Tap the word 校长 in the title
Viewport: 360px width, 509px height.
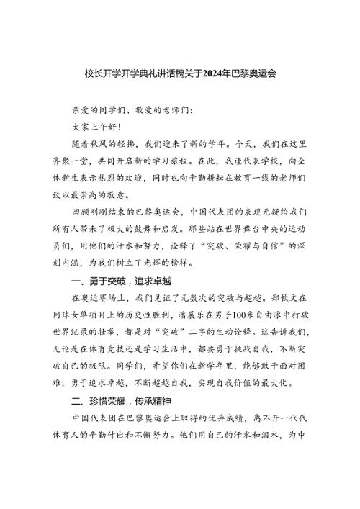point(90,73)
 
